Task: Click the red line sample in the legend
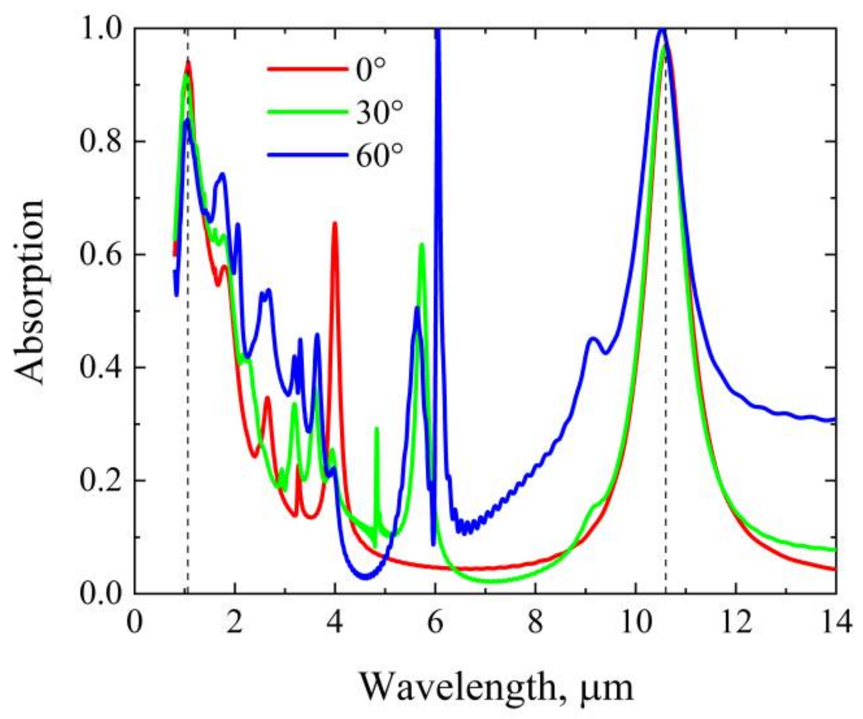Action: [x=307, y=70]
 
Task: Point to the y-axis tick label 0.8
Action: [x=100, y=142]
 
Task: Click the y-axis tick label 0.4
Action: [x=100, y=367]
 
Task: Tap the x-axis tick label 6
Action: [x=435, y=622]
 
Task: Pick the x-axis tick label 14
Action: [x=836, y=622]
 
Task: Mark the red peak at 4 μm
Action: [x=335, y=224]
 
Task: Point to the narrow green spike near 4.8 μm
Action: [x=377, y=429]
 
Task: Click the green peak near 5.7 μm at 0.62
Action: [x=421, y=245]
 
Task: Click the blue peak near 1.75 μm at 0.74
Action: [x=222, y=175]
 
